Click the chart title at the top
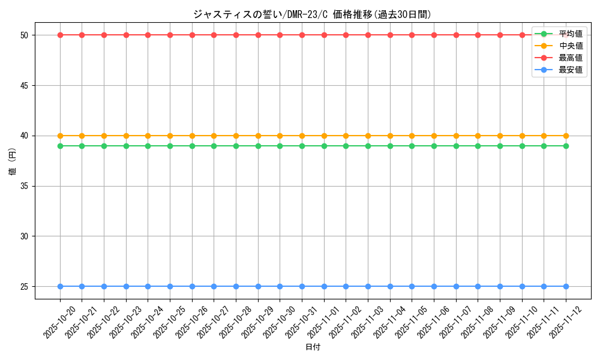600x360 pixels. coord(312,14)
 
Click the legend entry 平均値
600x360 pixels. coord(570,34)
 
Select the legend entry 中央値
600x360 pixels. coord(570,46)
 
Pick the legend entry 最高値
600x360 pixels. coord(570,58)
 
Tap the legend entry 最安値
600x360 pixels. coord(570,70)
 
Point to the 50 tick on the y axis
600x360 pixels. coord(24,35)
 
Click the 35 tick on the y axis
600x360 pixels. coord(24,186)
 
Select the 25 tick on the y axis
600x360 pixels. coord(24,287)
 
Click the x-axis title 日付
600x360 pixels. coord(313,347)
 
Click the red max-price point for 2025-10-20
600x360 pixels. coord(60,35)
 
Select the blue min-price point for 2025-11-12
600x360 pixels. coord(566,286)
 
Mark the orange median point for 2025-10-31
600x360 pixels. coord(302,136)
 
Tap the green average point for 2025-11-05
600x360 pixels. coord(412,146)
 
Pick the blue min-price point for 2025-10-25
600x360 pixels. coord(170,286)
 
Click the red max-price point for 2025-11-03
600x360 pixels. coord(368,35)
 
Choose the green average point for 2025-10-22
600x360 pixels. coord(104,146)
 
